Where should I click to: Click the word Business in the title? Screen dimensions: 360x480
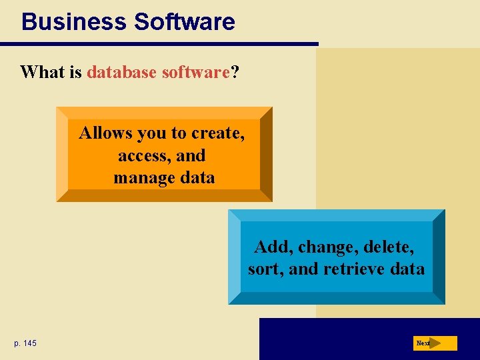coord(74,21)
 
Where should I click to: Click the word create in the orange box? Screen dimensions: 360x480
coord(217,133)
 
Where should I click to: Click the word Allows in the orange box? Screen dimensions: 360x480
coord(105,133)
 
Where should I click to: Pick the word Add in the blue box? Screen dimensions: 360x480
coord(269,247)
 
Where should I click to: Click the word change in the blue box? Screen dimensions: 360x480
coord(325,247)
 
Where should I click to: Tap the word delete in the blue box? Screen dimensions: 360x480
coord(389,247)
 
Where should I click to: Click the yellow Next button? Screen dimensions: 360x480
coord(436,343)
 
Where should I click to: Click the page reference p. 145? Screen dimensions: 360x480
coord(25,343)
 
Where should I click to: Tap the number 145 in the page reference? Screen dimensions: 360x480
coord(30,343)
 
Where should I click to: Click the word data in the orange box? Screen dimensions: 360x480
coord(197,178)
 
